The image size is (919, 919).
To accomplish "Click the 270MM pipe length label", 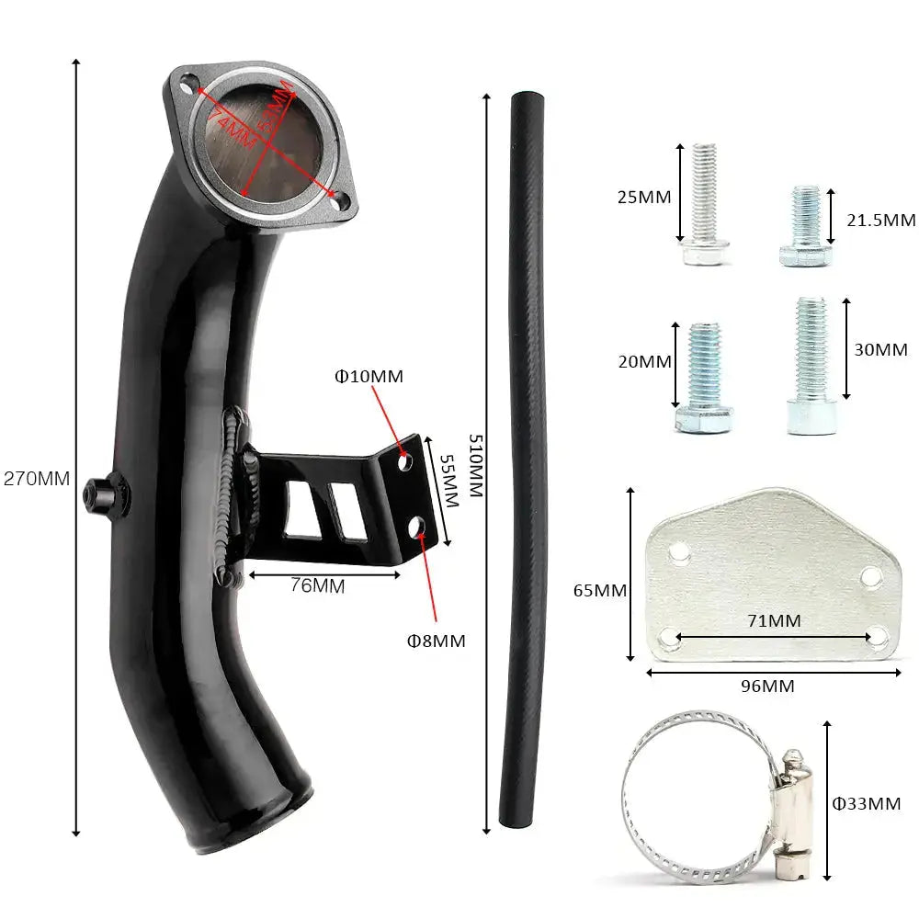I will click(37, 479).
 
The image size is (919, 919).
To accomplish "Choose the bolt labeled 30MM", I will click(811, 365).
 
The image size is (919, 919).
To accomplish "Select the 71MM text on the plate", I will click(774, 621).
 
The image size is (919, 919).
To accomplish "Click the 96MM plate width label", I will click(767, 686).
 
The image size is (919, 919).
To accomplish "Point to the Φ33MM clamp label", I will click(866, 804).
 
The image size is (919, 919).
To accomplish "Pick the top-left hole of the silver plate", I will click(679, 553).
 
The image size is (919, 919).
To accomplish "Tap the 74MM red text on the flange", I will click(231, 127).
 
